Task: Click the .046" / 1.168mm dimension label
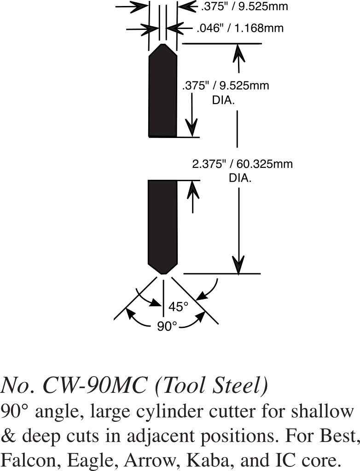click(240, 29)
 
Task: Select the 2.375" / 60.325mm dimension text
click(242, 164)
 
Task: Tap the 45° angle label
click(178, 306)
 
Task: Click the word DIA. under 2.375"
click(240, 178)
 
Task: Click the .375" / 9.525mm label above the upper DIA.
click(226, 86)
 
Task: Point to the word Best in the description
click(338, 434)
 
